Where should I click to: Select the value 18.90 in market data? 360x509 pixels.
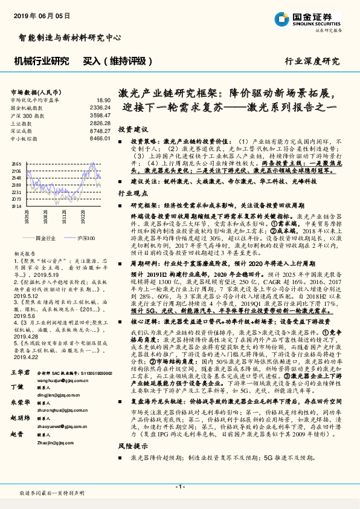(x=103, y=100)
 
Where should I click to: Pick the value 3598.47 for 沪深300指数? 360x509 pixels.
(x=100, y=114)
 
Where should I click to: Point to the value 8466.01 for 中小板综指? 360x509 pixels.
(x=100, y=138)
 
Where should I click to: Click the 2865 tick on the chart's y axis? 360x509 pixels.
(x=16, y=164)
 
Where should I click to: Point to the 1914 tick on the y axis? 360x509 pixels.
(x=16, y=206)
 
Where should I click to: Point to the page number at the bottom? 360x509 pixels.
(x=179, y=486)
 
